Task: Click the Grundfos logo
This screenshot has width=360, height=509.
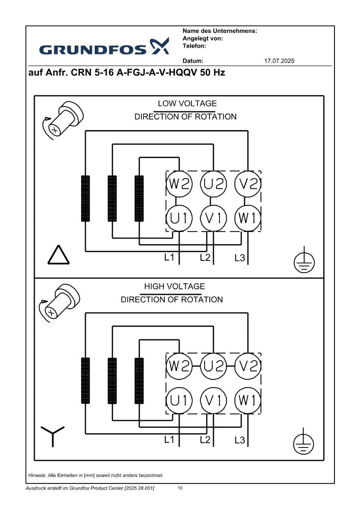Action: click(x=104, y=47)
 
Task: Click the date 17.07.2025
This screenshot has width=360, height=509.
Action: click(x=279, y=61)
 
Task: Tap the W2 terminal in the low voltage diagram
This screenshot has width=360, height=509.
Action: click(x=179, y=184)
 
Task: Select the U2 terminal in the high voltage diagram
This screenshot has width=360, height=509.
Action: click(x=213, y=366)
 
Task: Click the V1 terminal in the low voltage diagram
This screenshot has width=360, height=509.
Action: click(x=213, y=218)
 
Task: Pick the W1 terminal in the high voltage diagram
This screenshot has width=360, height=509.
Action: click(x=247, y=400)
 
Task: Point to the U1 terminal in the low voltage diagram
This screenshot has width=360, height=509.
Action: click(x=179, y=218)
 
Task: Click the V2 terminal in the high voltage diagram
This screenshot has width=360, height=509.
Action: click(x=247, y=366)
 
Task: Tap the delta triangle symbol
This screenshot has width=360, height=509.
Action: click(x=59, y=255)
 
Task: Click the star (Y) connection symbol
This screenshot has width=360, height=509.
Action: click(x=53, y=436)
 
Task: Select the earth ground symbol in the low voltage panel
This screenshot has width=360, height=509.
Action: click(x=304, y=260)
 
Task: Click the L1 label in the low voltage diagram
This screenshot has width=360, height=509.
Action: click(x=169, y=257)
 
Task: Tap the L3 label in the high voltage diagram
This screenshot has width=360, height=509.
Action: click(x=240, y=440)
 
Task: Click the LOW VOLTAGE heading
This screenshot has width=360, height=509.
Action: click(x=187, y=103)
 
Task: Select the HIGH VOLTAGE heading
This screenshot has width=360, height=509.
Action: click(x=174, y=286)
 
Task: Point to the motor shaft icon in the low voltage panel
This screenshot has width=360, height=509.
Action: click(x=62, y=120)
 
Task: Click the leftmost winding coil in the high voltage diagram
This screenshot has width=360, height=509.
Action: click(x=85, y=380)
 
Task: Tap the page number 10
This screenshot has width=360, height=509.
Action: click(x=180, y=488)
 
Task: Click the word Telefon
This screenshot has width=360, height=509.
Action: click(x=194, y=46)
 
